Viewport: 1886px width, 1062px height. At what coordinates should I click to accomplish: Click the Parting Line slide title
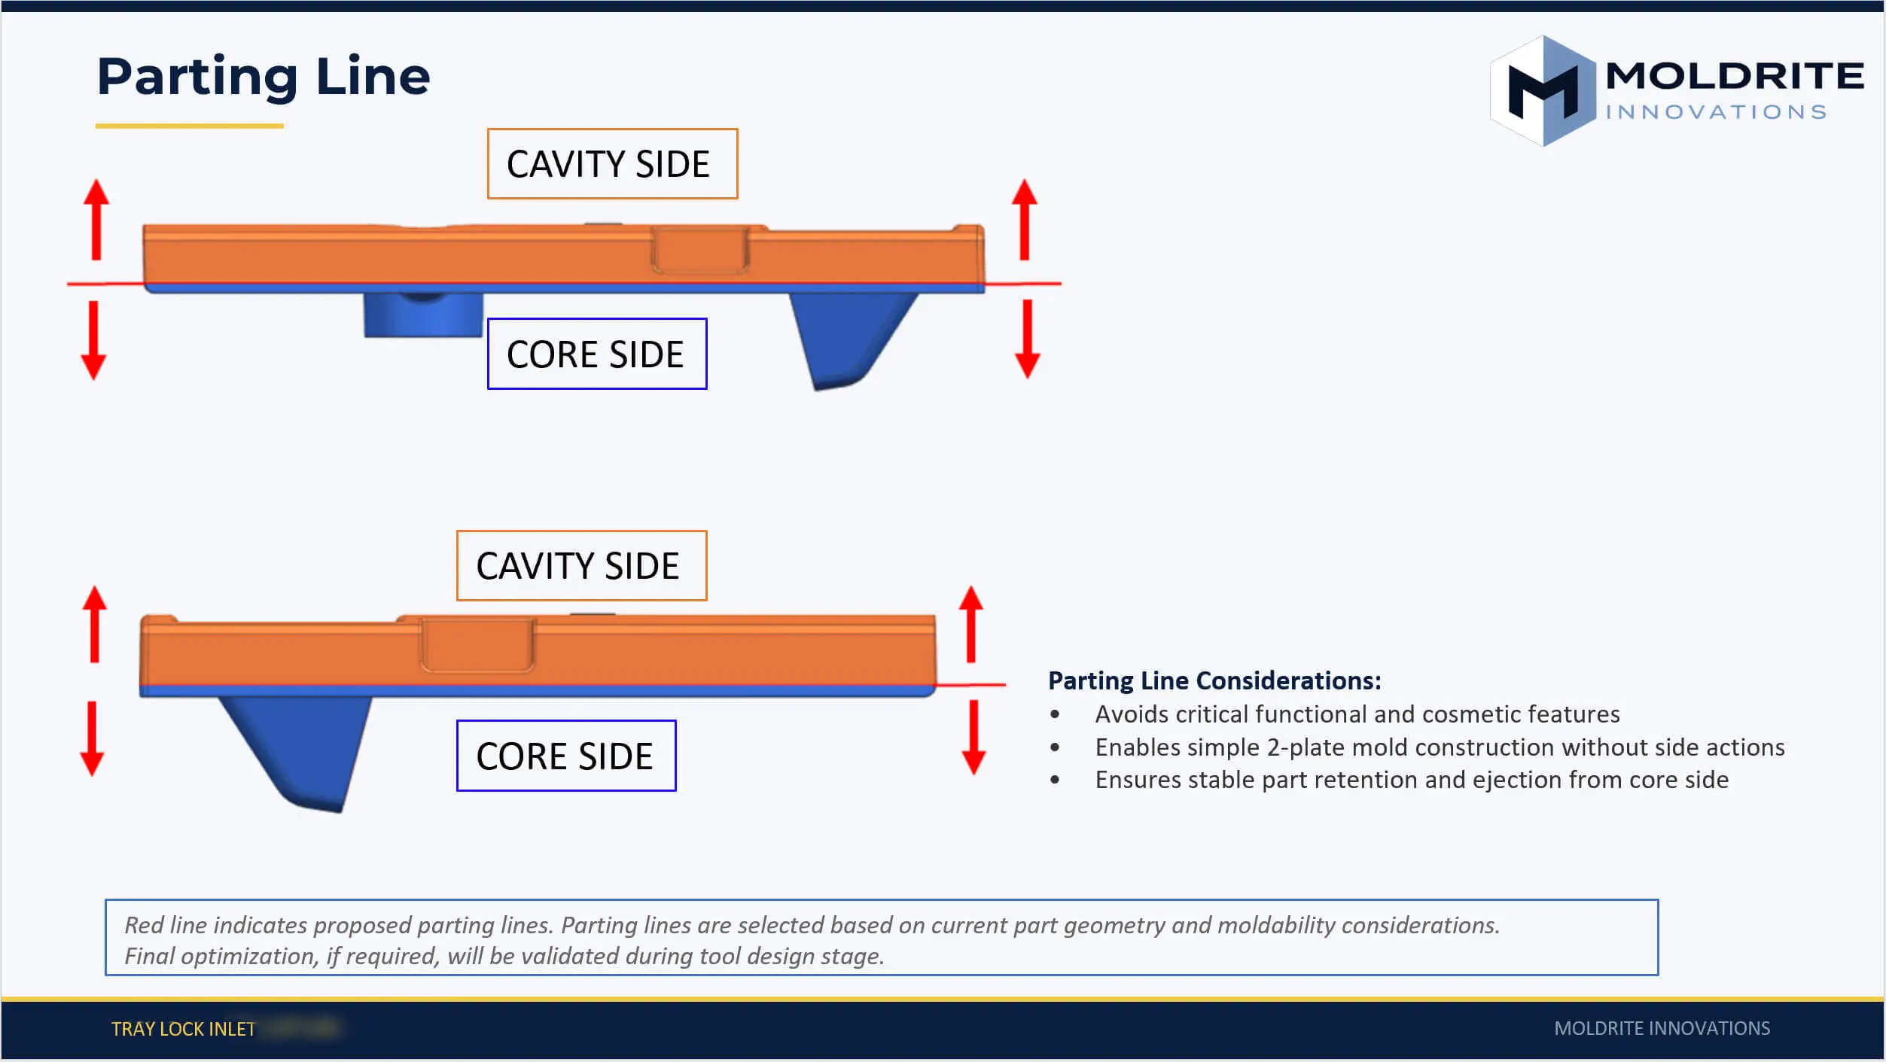point(264,77)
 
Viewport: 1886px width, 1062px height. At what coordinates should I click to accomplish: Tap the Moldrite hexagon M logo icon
point(1543,91)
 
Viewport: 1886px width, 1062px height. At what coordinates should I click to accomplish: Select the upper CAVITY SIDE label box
point(611,164)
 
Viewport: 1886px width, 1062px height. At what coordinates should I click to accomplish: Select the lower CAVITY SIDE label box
point(580,565)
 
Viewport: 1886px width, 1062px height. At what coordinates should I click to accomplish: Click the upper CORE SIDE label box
point(596,354)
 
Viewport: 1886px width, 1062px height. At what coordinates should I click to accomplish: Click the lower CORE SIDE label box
point(565,756)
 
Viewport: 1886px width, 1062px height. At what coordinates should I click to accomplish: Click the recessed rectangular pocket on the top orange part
point(699,250)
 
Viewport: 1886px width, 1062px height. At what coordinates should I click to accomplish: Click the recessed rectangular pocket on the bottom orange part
point(477,645)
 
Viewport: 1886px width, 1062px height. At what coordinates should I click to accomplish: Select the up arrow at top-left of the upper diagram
point(96,219)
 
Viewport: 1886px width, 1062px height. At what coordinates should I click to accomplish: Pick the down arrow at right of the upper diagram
point(1027,339)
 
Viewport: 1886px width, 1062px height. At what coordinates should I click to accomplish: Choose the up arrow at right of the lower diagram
point(970,624)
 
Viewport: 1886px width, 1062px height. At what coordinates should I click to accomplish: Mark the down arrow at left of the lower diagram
point(92,738)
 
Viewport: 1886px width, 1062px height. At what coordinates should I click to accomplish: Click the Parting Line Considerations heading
point(1214,680)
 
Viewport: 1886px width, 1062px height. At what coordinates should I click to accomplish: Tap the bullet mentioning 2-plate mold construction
point(1439,747)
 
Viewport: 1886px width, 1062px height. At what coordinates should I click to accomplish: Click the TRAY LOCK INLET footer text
point(183,1029)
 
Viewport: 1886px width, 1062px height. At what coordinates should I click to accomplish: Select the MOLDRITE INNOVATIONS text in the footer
point(1662,1028)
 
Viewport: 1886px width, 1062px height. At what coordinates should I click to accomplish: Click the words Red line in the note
point(163,925)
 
